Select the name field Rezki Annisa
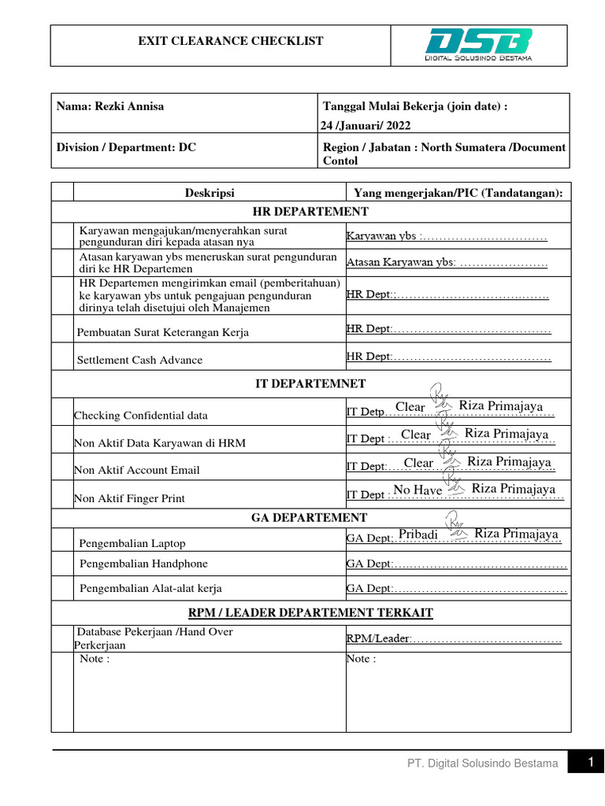[x=110, y=106]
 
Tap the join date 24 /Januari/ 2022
[x=365, y=125]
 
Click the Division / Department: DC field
[x=126, y=147]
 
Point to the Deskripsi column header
[x=210, y=193]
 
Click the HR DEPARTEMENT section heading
[x=310, y=212]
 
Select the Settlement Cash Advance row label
[x=139, y=360]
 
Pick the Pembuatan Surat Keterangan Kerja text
[x=162, y=332]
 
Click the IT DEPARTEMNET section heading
[x=310, y=384]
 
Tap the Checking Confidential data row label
[x=141, y=416]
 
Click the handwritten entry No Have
[x=418, y=490]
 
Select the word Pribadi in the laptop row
[x=418, y=534]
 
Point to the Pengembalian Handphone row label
[x=143, y=564]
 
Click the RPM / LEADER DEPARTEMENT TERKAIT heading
[x=310, y=612]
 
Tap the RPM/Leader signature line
[x=454, y=639]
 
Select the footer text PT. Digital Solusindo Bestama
[x=483, y=763]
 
